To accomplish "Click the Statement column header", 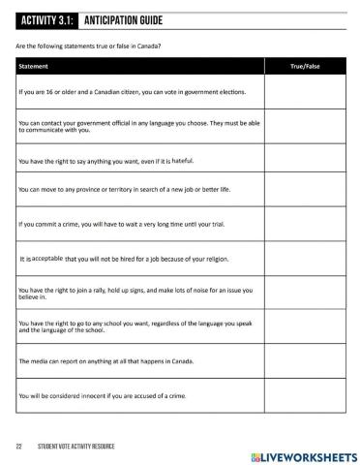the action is coord(35,66).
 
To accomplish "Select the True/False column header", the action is coord(307,66).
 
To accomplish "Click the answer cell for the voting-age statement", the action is coord(307,92).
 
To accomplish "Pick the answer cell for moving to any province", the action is coord(307,192).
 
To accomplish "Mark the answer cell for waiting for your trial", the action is coord(307,225).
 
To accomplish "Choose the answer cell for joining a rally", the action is coord(307,294).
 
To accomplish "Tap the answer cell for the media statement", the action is coord(307,361).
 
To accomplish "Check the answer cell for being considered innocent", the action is coord(307,395).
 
